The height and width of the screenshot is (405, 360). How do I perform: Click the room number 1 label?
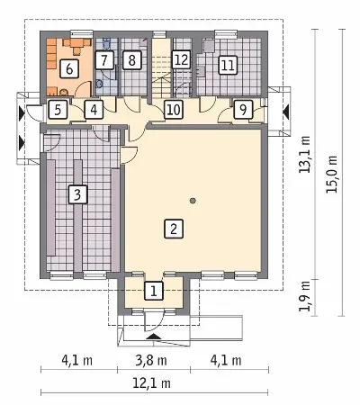click(x=154, y=291)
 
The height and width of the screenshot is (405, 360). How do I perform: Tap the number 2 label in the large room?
click(x=174, y=229)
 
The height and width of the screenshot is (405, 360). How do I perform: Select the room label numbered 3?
click(x=77, y=194)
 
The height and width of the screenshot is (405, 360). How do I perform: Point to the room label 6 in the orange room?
click(x=69, y=69)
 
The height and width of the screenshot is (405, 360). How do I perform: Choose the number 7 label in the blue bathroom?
click(x=104, y=60)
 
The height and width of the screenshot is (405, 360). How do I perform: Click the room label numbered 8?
click(x=132, y=60)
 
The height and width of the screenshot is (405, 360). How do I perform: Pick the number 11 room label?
click(x=228, y=65)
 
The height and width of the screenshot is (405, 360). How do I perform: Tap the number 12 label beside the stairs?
click(x=181, y=59)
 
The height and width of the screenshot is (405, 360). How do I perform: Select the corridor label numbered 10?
click(x=174, y=109)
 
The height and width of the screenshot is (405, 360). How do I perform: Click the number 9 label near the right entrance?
click(x=243, y=109)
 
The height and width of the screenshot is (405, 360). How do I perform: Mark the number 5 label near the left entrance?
click(x=58, y=109)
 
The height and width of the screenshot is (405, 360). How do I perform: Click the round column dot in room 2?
click(x=193, y=201)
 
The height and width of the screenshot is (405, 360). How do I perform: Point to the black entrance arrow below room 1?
click(x=153, y=336)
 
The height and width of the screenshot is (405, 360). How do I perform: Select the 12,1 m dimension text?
click(x=151, y=383)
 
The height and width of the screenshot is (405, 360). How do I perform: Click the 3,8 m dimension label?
click(x=151, y=360)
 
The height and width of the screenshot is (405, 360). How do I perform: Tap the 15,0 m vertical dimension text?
click(x=332, y=175)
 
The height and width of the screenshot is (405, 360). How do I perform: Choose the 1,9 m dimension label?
click(x=305, y=297)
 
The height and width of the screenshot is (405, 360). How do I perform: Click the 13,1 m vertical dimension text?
click(x=305, y=155)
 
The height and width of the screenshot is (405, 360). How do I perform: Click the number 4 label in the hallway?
click(x=94, y=109)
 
